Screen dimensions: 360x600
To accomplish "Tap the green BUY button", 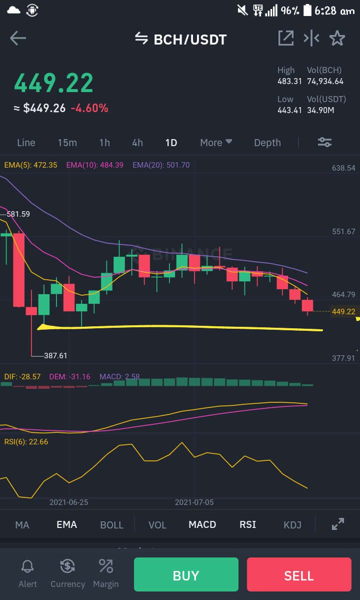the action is [x=185, y=574].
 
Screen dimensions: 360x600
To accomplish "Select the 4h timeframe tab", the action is [x=137, y=143].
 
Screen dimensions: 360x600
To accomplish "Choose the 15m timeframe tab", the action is [x=67, y=143].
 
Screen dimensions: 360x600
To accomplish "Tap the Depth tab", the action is [x=267, y=143].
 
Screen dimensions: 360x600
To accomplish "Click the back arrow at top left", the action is [x=18, y=38].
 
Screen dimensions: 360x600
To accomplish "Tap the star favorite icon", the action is [x=337, y=38].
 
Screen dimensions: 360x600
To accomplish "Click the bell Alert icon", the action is [x=27, y=566].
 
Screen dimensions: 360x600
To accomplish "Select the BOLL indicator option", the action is [x=111, y=525].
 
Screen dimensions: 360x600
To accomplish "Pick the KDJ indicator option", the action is [x=292, y=525].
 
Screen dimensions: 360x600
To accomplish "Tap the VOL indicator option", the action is [x=157, y=525].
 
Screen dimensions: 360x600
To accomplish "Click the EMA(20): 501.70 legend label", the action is [x=161, y=165].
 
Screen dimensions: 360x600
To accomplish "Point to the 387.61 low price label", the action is [x=55, y=355].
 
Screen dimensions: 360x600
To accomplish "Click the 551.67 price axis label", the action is [x=343, y=232].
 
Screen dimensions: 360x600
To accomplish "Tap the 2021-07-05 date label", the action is [x=194, y=502].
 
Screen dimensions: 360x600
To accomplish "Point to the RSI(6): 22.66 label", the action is [x=26, y=442].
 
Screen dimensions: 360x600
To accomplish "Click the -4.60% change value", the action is [x=89, y=108].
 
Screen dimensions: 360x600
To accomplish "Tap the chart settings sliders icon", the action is [x=324, y=142].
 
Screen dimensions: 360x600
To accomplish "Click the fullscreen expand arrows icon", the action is [x=338, y=524].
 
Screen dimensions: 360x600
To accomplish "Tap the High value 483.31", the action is [x=289, y=82].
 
